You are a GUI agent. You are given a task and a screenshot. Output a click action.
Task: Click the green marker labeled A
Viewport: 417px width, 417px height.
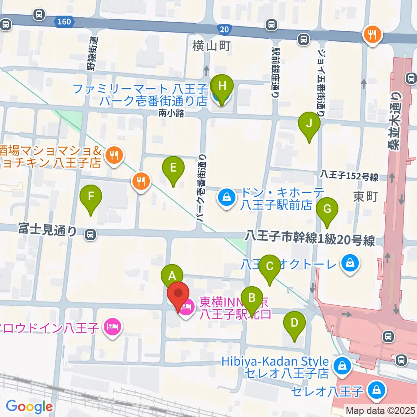point(172,275)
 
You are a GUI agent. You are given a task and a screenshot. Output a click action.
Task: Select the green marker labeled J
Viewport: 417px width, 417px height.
point(309,123)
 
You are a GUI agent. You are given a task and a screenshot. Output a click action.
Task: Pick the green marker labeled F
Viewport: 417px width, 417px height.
point(91,196)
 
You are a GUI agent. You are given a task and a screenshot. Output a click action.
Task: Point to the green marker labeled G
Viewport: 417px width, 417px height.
point(327,208)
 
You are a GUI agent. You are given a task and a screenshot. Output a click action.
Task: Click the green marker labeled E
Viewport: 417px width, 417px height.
point(173,167)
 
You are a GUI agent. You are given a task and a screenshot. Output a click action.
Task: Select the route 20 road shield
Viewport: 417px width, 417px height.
point(223,29)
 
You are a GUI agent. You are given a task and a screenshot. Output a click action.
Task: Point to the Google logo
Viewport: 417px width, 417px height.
point(29,407)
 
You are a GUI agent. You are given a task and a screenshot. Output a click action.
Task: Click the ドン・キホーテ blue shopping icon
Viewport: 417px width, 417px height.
point(227,198)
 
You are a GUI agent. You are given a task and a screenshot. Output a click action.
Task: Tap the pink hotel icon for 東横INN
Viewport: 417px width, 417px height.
point(188,309)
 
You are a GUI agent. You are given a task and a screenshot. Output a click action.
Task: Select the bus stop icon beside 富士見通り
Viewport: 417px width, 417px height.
point(90,235)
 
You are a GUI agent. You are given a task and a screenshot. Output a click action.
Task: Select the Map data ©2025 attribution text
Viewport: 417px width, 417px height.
point(380,410)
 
